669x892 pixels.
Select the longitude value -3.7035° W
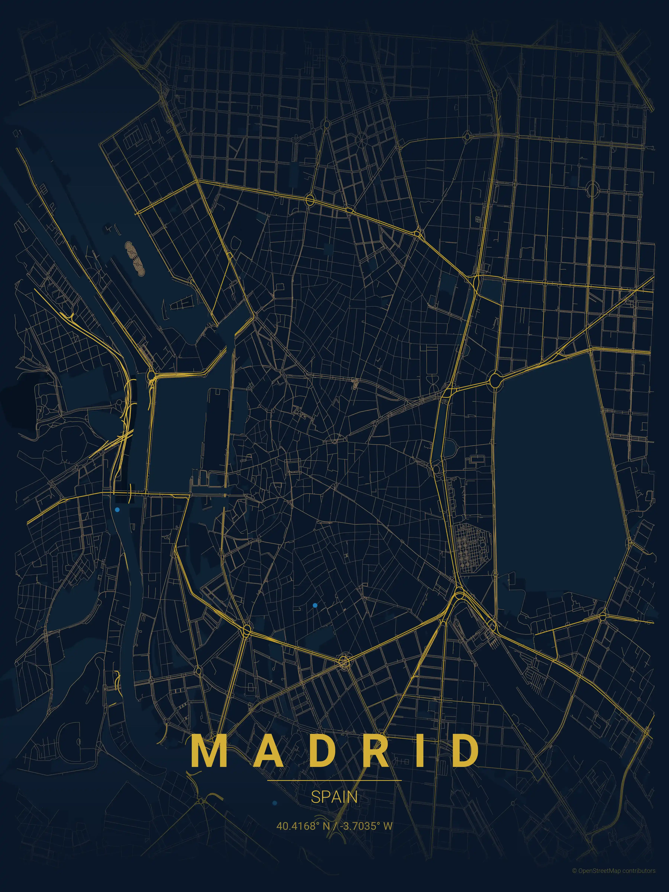[x=366, y=826]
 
